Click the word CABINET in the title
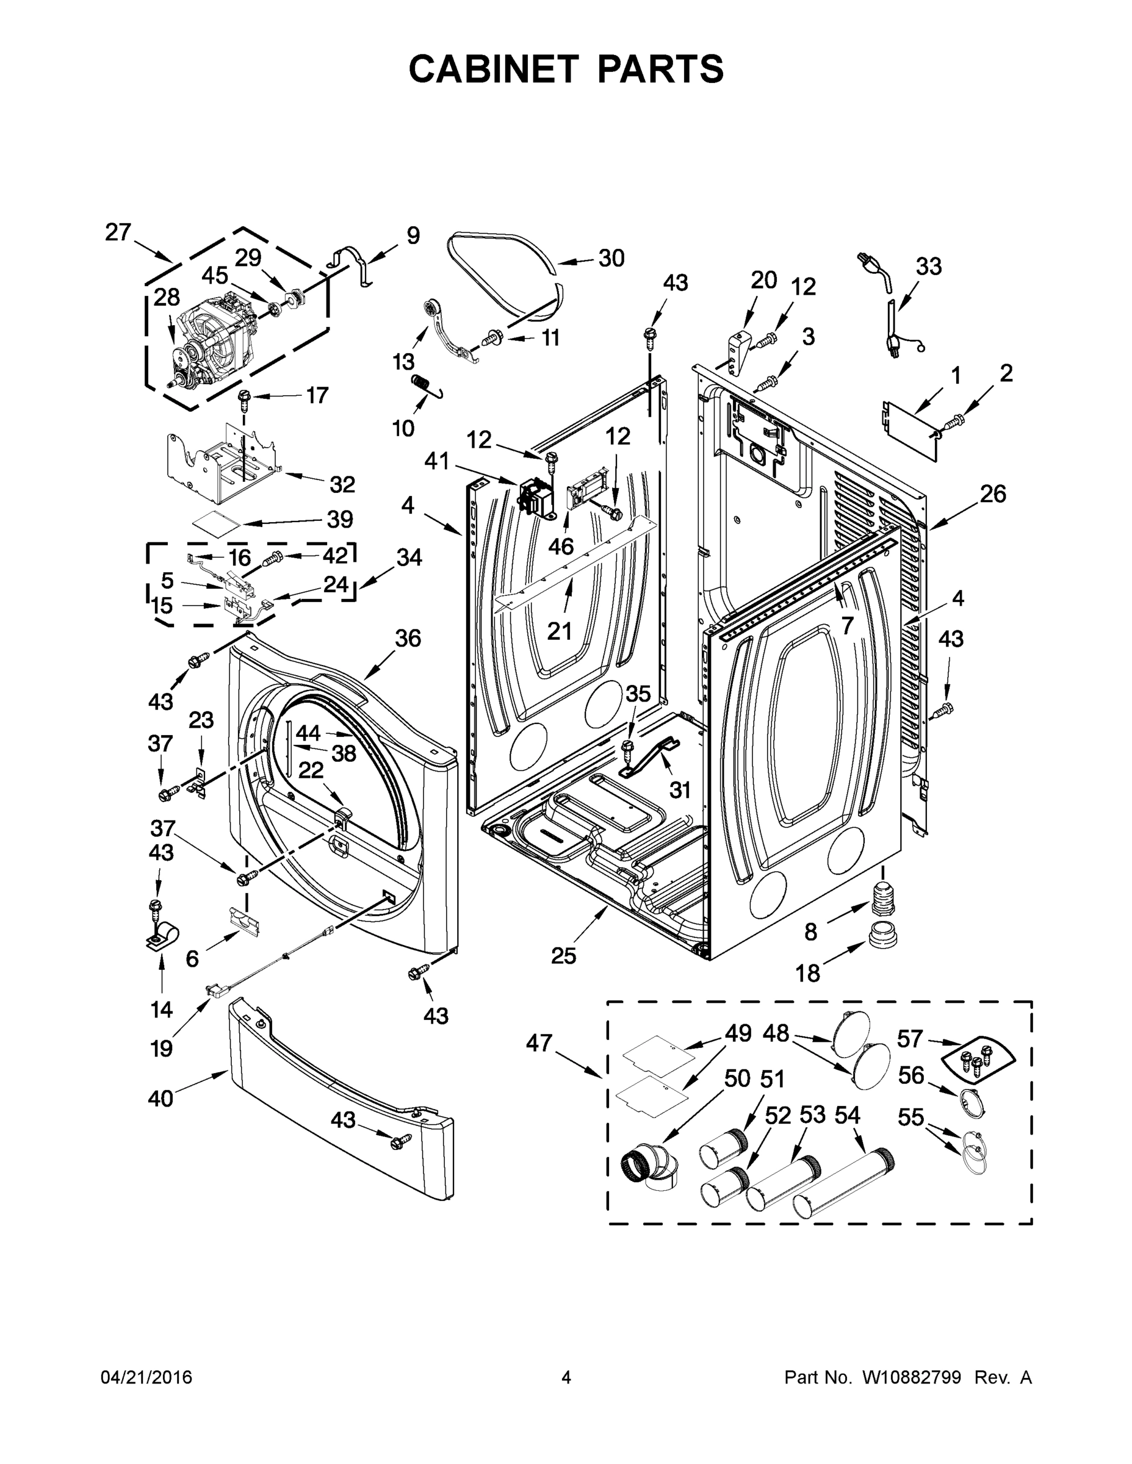click(x=493, y=69)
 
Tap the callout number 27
click(x=118, y=232)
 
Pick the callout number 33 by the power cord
click(x=929, y=266)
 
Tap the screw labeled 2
click(x=956, y=421)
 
